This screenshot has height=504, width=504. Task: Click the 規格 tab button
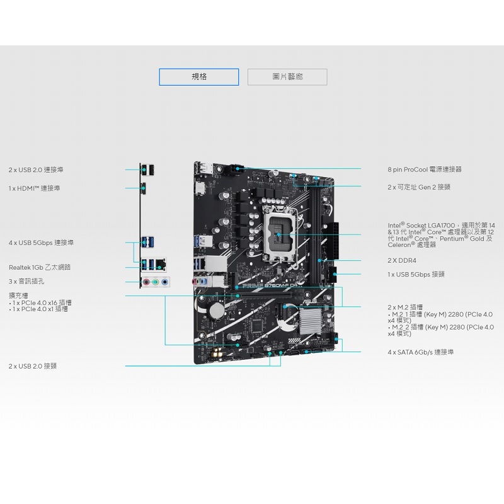click(199, 77)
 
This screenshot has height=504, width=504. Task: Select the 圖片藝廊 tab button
click(287, 77)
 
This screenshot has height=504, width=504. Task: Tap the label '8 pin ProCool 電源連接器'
click(425, 169)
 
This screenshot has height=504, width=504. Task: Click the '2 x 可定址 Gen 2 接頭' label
click(419, 187)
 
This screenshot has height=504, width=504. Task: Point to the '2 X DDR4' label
click(402, 260)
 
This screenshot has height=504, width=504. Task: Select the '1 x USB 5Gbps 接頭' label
click(416, 274)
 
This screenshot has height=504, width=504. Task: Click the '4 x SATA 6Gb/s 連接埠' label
click(420, 352)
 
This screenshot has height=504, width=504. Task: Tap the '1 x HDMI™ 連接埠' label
click(35, 188)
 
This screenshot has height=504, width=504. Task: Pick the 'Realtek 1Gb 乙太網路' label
click(40, 267)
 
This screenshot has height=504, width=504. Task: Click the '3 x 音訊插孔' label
click(26, 281)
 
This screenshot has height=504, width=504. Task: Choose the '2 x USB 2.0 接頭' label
click(33, 366)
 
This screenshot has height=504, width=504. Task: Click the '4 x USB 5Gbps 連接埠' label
click(41, 243)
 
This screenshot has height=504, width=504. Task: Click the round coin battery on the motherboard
click(217, 310)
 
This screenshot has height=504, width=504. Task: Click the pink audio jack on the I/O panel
click(147, 282)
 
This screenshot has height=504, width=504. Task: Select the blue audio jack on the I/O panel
click(164, 282)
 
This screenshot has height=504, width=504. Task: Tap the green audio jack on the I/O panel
click(156, 282)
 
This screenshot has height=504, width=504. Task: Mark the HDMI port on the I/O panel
click(144, 188)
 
